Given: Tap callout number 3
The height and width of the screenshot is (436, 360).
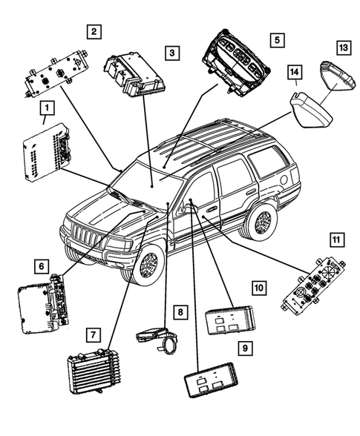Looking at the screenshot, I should coord(171,53).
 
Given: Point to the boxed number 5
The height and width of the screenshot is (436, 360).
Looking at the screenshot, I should coord(277,38).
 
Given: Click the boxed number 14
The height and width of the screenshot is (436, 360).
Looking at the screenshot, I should coord(296,73).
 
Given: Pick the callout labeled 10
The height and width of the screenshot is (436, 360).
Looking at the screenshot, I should coord(258,287).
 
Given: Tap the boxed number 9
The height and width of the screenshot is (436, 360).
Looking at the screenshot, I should coord(243,346).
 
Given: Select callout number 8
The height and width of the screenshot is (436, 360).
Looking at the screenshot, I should coord(180,313).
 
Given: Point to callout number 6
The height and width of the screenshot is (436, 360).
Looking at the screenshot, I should coord(43,265).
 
